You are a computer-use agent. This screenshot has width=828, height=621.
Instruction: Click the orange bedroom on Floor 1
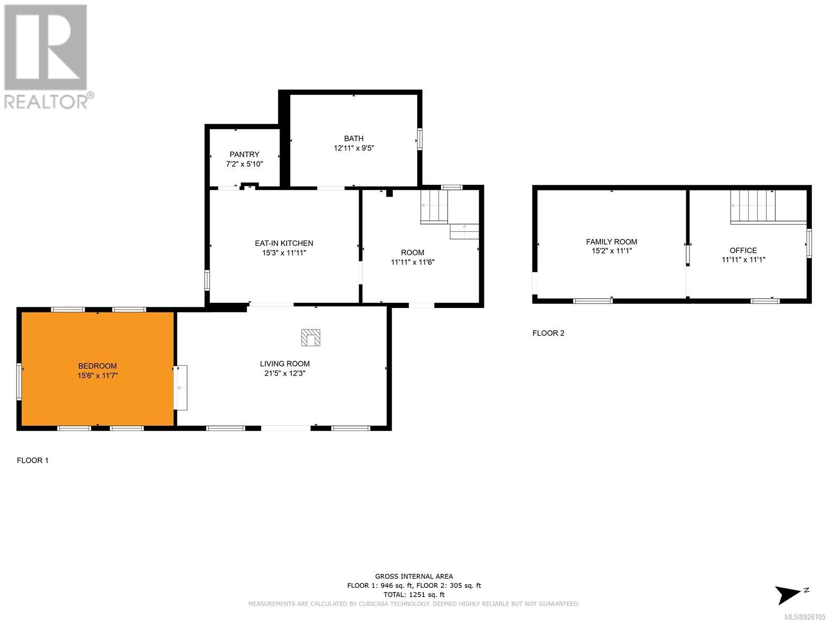pyautogui.click(x=97, y=369)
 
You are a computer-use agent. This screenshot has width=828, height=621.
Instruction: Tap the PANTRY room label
pyautogui.click(x=244, y=154)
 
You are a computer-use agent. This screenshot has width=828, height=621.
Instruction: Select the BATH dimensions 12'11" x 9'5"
pyautogui.click(x=354, y=148)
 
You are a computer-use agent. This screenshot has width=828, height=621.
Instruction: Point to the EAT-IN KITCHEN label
pyautogui.click(x=284, y=243)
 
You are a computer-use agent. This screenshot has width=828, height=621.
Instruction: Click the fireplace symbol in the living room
pyautogui.click(x=310, y=337)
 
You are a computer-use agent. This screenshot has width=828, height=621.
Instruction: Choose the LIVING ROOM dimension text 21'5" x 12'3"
pyautogui.click(x=285, y=373)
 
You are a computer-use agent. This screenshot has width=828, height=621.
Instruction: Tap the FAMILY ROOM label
pyautogui.click(x=612, y=242)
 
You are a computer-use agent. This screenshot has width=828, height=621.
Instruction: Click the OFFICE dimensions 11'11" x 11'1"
pyautogui.click(x=743, y=259)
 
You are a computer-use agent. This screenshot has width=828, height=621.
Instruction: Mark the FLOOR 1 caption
pyautogui.click(x=33, y=461)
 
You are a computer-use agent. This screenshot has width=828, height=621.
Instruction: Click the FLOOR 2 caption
pyautogui.click(x=549, y=333)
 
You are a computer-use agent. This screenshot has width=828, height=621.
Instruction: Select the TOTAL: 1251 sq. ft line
pyautogui.click(x=414, y=595)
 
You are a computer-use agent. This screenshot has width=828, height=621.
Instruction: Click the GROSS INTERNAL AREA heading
pyautogui.click(x=414, y=576)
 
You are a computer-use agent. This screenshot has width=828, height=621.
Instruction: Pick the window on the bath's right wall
pyautogui.click(x=420, y=139)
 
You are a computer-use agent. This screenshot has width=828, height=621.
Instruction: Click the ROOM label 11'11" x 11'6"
pyautogui.click(x=412, y=257)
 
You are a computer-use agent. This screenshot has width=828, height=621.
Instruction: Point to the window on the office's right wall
pyautogui.click(x=809, y=243)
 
